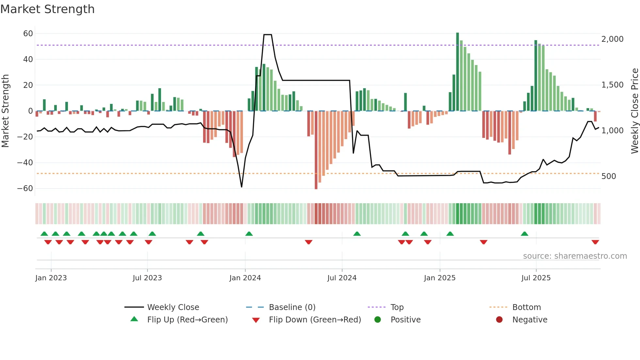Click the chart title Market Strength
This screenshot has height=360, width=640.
[47, 9]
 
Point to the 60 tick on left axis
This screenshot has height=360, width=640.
[28, 34]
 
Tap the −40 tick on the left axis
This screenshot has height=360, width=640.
[25, 162]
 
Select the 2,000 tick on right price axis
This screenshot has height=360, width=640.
[612, 39]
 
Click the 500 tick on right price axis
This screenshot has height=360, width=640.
[608, 176]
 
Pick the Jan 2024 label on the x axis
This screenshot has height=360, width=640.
[245, 278]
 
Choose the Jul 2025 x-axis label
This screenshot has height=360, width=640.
[536, 278]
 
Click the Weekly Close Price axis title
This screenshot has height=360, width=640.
[634, 111]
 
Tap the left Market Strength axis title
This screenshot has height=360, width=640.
[6, 111]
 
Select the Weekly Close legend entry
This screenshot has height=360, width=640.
[173, 307]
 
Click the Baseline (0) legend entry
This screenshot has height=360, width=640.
[292, 307]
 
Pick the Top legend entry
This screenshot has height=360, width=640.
[397, 307]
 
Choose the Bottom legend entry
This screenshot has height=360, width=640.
[526, 307]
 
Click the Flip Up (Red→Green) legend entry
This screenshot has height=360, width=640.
[187, 320]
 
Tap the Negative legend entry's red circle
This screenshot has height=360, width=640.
[499, 320]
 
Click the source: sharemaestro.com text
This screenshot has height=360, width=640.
[575, 256]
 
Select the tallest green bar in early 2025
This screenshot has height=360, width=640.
[457, 72]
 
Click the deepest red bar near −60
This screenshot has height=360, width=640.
[316, 150]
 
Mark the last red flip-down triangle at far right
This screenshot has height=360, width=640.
[595, 242]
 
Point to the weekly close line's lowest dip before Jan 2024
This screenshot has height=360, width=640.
[242, 187]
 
